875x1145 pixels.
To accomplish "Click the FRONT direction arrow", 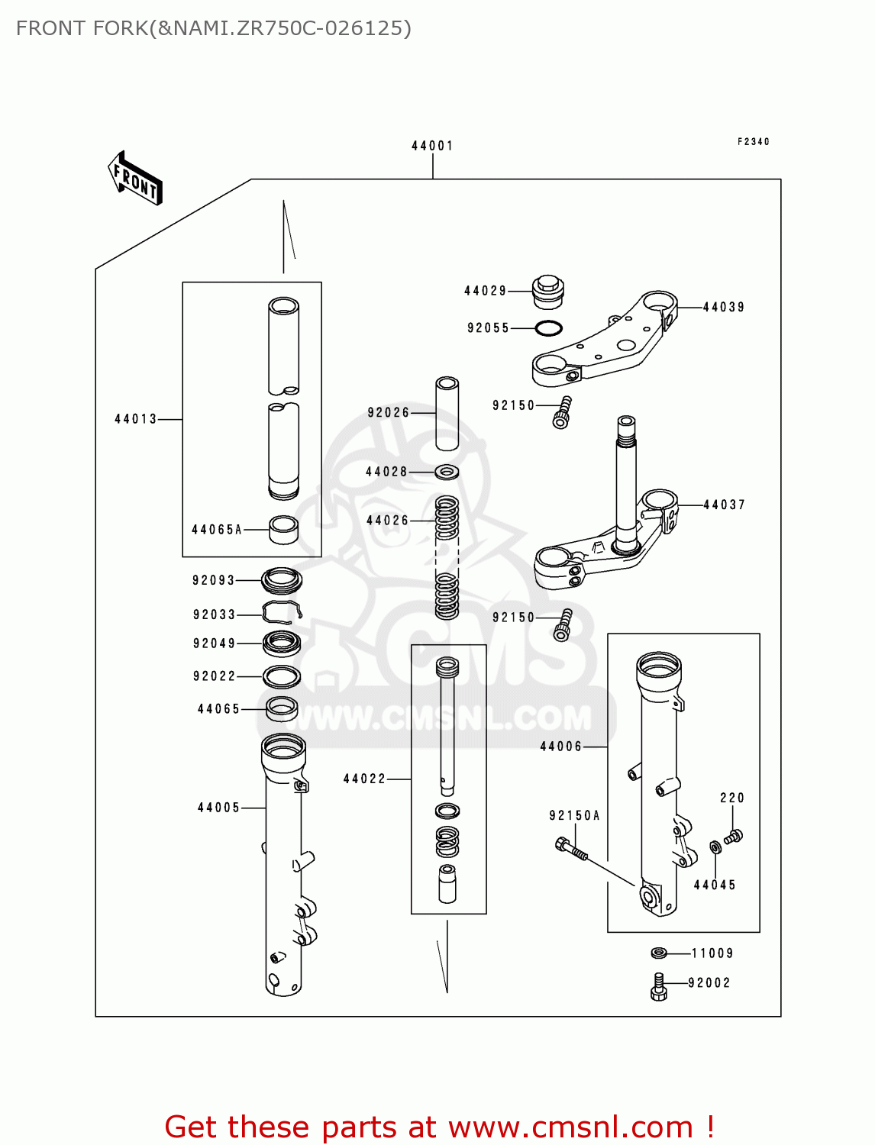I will (x=135, y=179).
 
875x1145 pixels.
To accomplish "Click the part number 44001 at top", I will (x=432, y=146).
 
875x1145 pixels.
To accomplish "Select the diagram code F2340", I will (x=753, y=142).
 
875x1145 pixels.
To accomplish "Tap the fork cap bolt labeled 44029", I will (x=547, y=292).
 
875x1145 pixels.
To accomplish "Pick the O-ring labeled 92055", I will (x=548, y=328).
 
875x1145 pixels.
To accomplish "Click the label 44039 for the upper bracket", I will (x=723, y=307).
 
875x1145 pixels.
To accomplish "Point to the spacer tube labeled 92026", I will (x=447, y=413).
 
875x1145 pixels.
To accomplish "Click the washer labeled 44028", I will (x=447, y=472).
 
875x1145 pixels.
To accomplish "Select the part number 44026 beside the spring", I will (x=387, y=521).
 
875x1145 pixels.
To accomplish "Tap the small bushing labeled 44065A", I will (x=283, y=530).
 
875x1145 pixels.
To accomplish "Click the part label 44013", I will (x=136, y=419).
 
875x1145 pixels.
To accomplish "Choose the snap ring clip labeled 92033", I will (x=282, y=612).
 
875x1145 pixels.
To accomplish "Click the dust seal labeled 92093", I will (x=282, y=581).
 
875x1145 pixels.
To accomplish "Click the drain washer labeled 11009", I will (x=659, y=953).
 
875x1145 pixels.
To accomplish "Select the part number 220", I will (x=731, y=798).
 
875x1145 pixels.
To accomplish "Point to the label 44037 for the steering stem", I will (x=723, y=505).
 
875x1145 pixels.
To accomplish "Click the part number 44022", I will (x=364, y=779).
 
